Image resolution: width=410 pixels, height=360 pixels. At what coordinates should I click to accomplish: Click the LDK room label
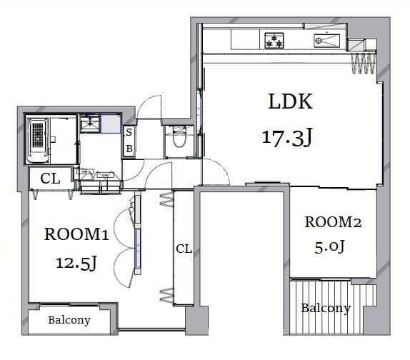(x=290, y=101)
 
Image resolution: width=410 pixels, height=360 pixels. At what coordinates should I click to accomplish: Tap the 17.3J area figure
(x=287, y=138)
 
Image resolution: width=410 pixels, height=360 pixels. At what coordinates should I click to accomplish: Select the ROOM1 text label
(x=76, y=234)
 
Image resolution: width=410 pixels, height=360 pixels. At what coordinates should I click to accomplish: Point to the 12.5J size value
(x=76, y=263)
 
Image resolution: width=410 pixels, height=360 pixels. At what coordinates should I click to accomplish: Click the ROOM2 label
(x=333, y=222)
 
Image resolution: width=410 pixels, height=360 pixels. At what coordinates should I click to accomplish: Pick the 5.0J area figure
(x=329, y=246)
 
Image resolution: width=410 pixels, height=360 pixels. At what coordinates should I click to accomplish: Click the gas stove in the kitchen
(x=274, y=41)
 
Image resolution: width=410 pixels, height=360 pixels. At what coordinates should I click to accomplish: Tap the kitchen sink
(x=327, y=41)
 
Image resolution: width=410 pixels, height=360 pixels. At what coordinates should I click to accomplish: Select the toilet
(x=179, y=136)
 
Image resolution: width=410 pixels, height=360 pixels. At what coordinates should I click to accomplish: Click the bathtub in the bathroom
(x=39, y=141)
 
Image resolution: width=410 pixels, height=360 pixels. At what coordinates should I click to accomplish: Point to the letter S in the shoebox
(x=129, y=133)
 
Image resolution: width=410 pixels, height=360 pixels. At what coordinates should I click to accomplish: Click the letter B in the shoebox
(x=129, y=149)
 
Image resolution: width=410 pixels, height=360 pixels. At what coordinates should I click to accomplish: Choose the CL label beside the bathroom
(x=50, y=179)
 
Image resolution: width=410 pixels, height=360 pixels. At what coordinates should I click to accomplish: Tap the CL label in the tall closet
(x=184, y=249)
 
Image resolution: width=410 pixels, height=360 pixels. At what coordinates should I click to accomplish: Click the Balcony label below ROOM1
(x=69, y=320)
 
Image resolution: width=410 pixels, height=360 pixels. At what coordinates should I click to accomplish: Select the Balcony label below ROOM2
(x=326, y=309)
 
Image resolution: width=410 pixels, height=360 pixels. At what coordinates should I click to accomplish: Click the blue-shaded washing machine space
(x=111, y=123)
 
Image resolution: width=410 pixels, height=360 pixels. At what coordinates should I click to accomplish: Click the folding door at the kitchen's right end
(x=364, y=64)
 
